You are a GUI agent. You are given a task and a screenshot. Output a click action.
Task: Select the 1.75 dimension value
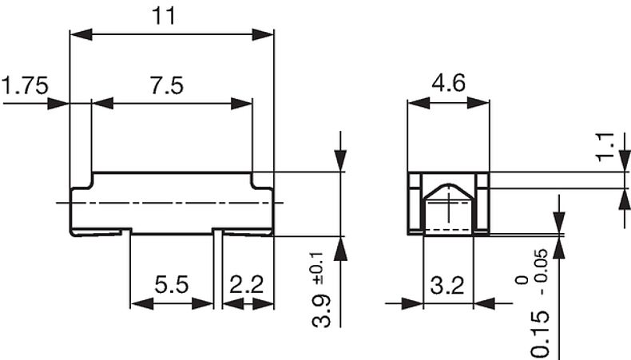click(x=26, y=85)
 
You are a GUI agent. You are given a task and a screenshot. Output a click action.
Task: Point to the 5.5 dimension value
click(x=171, y=285)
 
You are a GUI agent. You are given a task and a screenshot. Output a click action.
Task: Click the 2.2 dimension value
click(x=247, y=285)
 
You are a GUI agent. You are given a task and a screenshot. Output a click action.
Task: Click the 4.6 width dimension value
click(x=448, y=84)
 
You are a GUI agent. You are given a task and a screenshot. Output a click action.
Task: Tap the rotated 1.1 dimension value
click(x=606, y=148)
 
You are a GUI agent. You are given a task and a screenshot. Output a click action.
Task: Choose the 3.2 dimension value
click(x=447, y=285)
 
